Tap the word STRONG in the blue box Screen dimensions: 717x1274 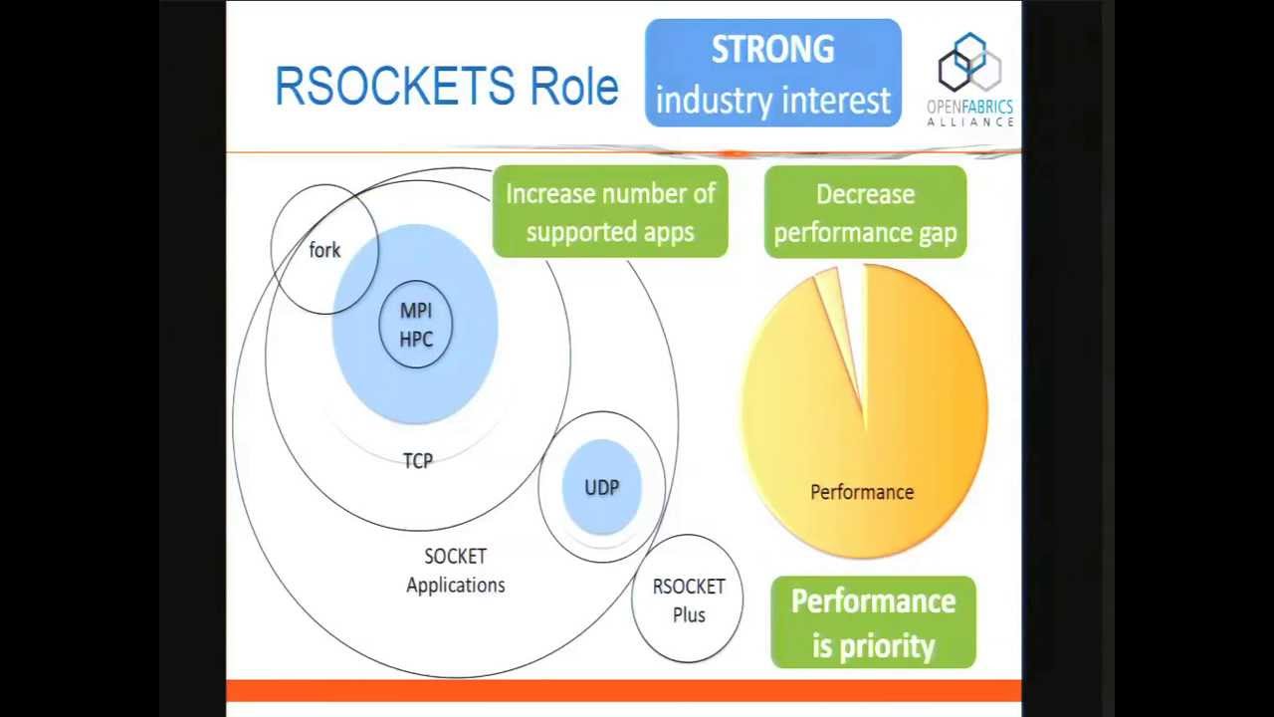pyautogui.click(x=772, y=50)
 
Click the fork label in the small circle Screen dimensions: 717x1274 pyautogui.click(x=324, y=250)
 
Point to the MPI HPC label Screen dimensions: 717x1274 pyautogui.click(x=416, y=325)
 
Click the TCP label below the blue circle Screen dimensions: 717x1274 pyautogui.click(x=418, y=461)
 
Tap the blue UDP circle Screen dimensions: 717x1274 pyautogui.click(x=601, y=487)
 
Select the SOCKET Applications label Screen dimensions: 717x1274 pyautogui.click(x=455, y=571)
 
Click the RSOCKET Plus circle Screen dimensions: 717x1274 pyautogui.click(x=688, y=599)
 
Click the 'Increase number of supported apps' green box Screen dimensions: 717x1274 pyautogui.click(x=610, y=212)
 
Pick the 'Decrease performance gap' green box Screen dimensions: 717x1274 pyautogui.click(x=865, y=212)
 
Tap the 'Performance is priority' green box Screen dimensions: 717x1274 pyautogui.click(x=873, y=622)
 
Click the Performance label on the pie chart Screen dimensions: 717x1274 pyautogui.click(x=862, y=492)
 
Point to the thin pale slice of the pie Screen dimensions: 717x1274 pyautogui.click(x=832, y=299)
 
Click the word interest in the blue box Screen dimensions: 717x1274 pyautogui.click(x=836, y=102)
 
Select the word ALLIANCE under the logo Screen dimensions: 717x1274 pyautogui.click(x=969, y=122)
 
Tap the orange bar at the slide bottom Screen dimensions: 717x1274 pyautogui.click(x=624, y=690)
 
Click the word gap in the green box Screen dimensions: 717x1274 pyautogui.click(x=936, y=232)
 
